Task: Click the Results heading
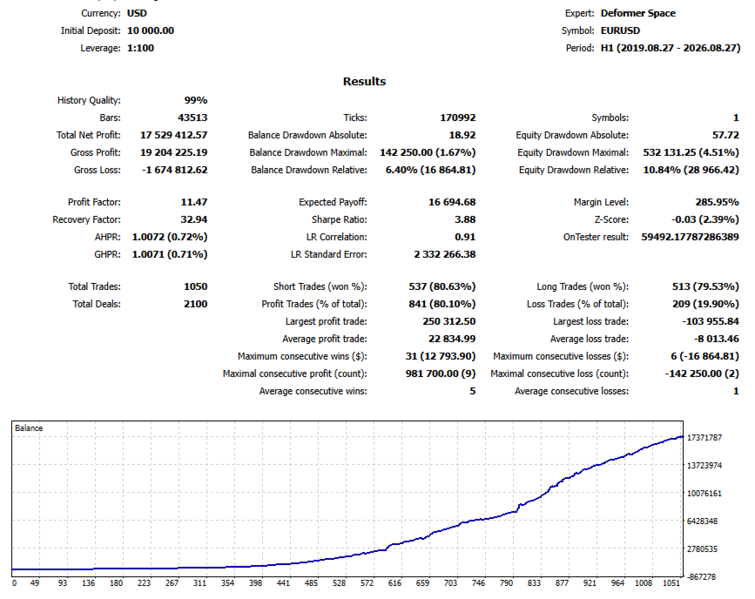coord(365,81)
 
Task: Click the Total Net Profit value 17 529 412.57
coord(174,135)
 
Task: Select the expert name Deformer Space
coord(638,13)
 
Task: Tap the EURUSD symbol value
coord(620,30)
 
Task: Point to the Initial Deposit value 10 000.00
coord(151,30)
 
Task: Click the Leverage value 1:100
coord(140,48)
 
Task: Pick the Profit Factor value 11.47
coord(194,202)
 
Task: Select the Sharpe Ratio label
coord(339,219)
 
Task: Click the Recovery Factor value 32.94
coord(194,219)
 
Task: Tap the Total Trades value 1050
coord(195,286)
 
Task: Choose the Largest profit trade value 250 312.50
coord(449,321)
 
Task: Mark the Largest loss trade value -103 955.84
coord(711,321)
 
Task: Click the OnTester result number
coord(690,237)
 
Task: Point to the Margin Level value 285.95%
coord(717,202)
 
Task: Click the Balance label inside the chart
coord(29,428)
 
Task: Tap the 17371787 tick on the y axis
coord(704,438)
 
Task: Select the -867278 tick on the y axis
coord(702,577)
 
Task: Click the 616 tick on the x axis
coord(394,583)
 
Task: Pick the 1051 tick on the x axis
coord(671,583)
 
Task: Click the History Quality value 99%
coord(196,100)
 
